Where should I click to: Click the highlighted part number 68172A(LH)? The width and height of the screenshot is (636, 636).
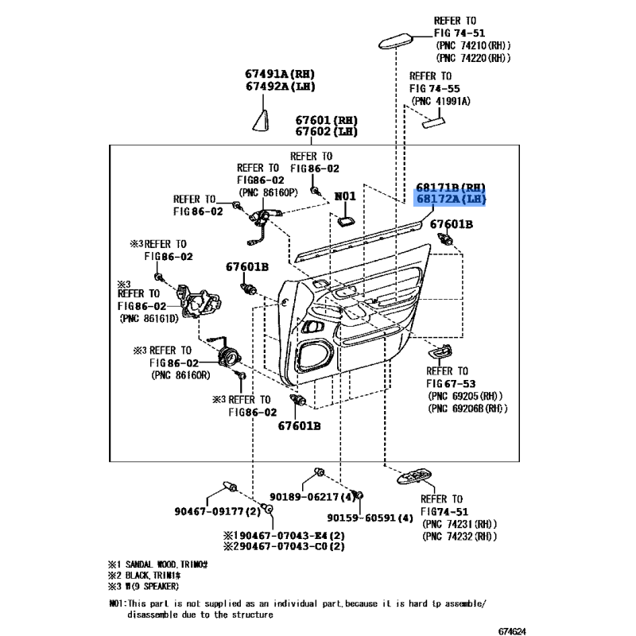point(449,199)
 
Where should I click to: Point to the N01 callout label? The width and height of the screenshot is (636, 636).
point(345,196)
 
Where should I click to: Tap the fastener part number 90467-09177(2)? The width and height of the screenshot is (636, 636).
point(217,511)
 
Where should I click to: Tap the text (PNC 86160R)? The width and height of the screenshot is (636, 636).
point(183,375)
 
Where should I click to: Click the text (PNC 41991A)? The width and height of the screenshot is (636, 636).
point(440,102)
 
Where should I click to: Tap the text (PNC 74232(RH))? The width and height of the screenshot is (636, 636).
point(460,537)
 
